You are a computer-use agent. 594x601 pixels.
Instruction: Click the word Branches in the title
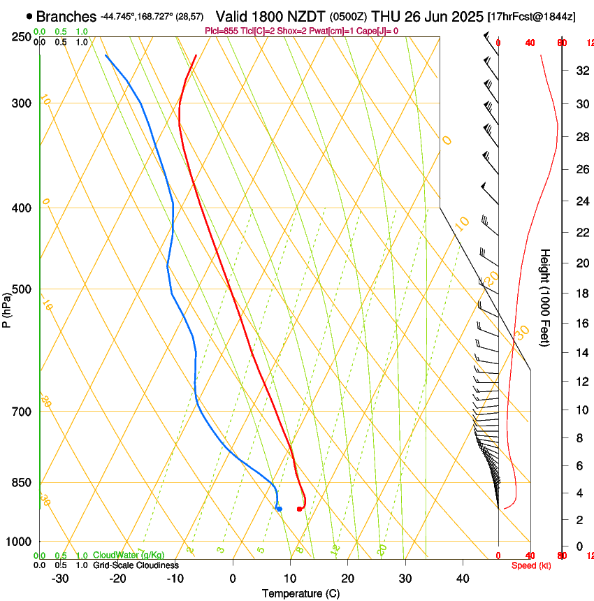click(x=66, y=16)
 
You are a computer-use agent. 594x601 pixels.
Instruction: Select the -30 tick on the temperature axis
click(x=60, y=579)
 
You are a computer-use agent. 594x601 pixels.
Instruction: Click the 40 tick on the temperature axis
click(x=462, y=579)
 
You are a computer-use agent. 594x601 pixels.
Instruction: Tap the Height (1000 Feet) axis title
click(x=546, y=297)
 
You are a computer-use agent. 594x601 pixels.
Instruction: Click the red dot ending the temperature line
click(x=299, y=509)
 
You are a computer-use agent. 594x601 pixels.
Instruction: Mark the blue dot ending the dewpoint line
click(x=279, y=509)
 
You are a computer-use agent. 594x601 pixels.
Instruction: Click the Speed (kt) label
click(x=531, y=565)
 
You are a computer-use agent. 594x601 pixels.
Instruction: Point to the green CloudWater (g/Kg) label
click(x=129, y=556)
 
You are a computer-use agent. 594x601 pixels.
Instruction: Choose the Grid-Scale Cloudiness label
click(x=136, y=565)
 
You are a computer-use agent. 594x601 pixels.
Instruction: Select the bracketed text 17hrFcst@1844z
click(x=531, y=17)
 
